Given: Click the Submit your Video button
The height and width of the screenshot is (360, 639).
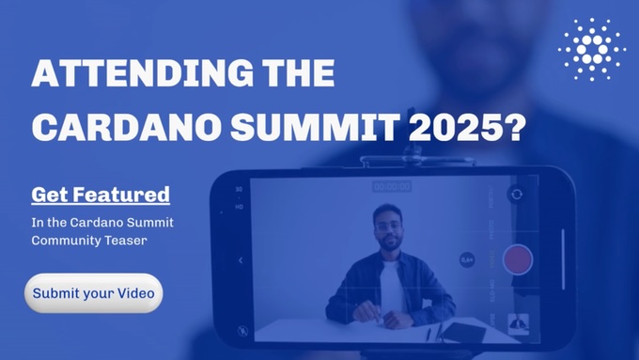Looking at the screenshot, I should tap(93, 293).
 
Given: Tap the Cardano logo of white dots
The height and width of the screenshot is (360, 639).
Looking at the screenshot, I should tap(592, 48).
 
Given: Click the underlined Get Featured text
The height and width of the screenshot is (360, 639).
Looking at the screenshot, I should tap(101, 196).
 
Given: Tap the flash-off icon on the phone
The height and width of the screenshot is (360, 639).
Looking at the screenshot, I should tap(242, 329).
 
